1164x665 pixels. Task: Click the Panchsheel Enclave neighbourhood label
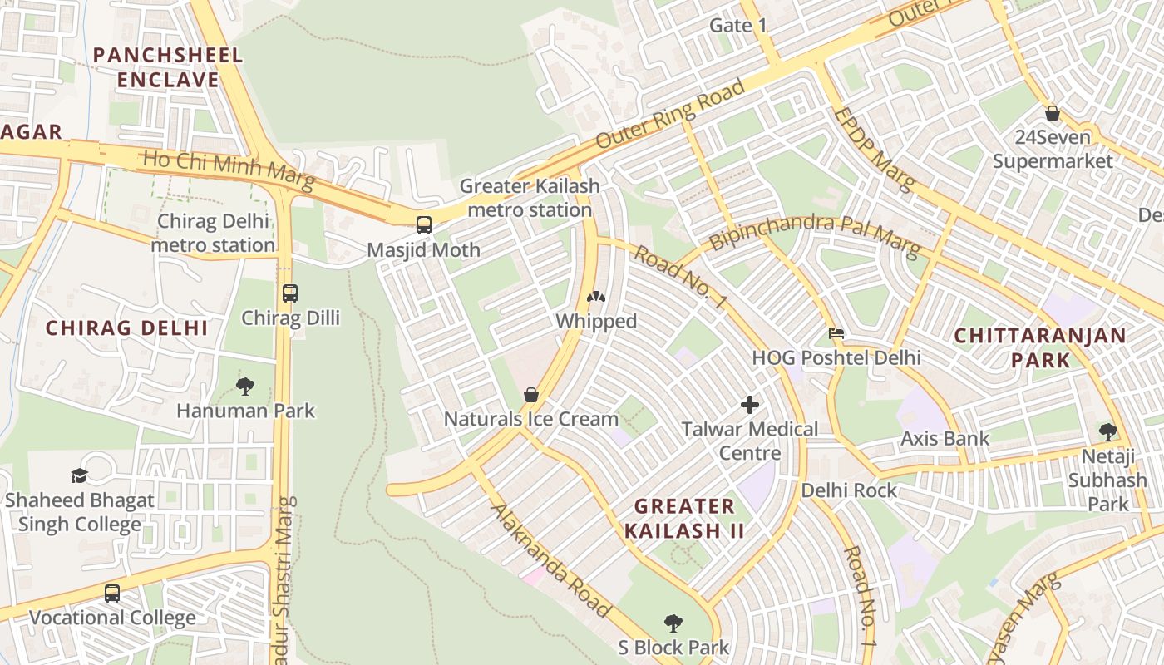(x=168, y=67)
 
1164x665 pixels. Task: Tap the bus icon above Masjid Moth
(x=424, y=224)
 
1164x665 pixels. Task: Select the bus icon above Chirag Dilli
(x=289, y=293)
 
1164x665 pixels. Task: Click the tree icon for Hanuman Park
(x=245, y=386)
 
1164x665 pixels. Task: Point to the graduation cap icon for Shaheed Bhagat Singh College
(x=80, y=475)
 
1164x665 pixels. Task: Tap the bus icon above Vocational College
(x=112, y=594)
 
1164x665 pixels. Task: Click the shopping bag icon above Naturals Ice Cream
(x=530, y=395)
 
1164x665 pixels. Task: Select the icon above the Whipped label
(x=596, y=297)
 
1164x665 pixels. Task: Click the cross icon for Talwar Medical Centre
(x=750, y=405)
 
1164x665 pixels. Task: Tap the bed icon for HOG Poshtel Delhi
(x=836, y=333)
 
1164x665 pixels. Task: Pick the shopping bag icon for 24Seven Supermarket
(x=1053, y=112)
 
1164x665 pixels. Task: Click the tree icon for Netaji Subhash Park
(x=1107, y=431)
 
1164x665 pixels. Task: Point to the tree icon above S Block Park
(x=673, y=623)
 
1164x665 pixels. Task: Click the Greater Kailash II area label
(x=684, y=518)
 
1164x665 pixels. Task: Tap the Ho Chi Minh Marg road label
(x=229, y=169)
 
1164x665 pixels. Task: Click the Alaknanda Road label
(x=551, y=559)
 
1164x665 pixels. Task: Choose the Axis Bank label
(x=945, y=438)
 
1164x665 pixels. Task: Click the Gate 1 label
(x=737, y=25)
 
